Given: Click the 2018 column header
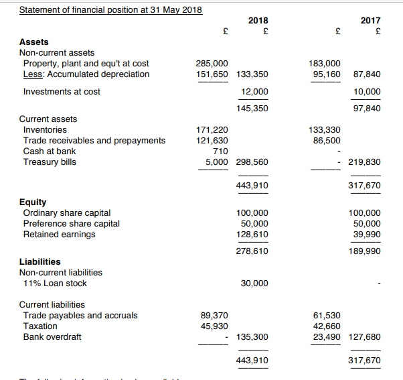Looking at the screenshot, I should [x=258, y=21].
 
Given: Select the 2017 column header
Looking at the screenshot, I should [x=370, y=21].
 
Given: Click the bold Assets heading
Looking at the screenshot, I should [x=33, y=42].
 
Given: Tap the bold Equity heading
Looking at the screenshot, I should [x=33, y=202].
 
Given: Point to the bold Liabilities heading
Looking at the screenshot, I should [x=39, y=261].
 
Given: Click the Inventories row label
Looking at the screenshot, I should [x=45, y=129].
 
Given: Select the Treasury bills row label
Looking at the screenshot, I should [x=50, y=162].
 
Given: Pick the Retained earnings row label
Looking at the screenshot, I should [x=59, y=234].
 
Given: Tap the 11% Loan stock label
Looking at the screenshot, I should [x=55, y=283].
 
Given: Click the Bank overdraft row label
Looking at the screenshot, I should [x=52, y=336].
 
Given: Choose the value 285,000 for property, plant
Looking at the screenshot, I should [x=212, y=63].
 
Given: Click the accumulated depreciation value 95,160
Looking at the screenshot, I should [x=326, y=74].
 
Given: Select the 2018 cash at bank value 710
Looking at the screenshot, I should [x=220, y=151].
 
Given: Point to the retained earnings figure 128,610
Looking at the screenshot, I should [x=252, y=234].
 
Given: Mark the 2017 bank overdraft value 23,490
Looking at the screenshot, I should [x=327, y=336].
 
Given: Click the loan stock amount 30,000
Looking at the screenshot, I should [x=254, y=283].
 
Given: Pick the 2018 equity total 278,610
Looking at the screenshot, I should [x=252, y=251].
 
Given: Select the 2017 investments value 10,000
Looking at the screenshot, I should [x=366, y=91].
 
